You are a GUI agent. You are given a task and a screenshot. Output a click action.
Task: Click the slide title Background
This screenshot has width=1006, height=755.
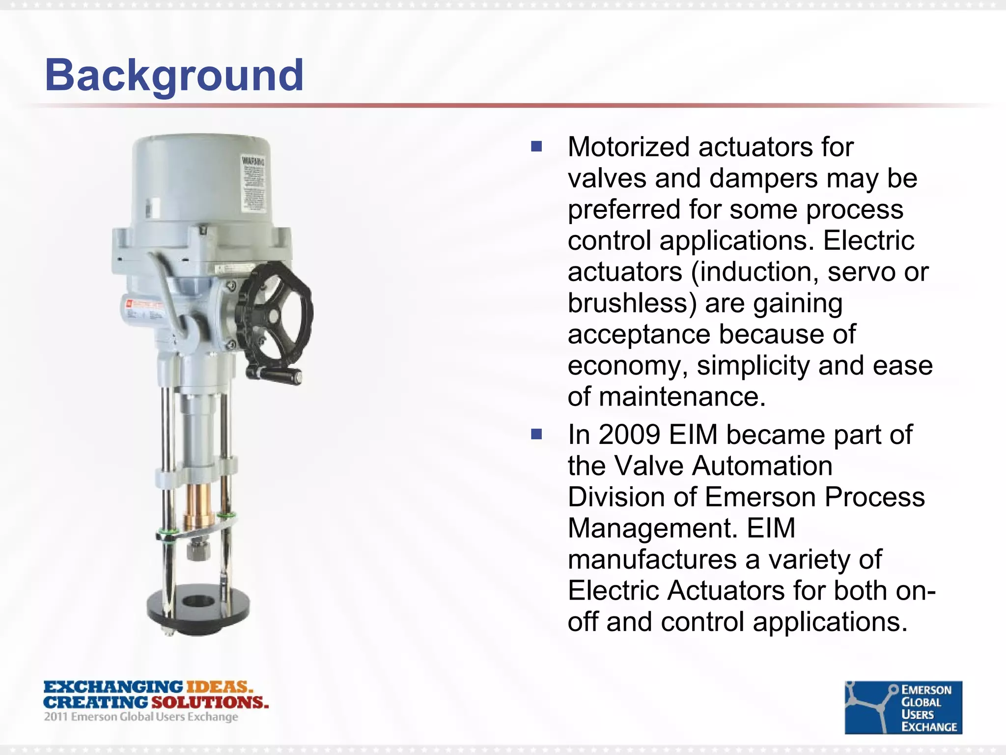click(174, 76)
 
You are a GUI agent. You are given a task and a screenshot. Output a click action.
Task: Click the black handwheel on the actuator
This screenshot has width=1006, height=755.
click(274, 315)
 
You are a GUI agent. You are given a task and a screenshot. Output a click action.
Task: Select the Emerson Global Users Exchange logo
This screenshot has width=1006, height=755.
click(903, 707)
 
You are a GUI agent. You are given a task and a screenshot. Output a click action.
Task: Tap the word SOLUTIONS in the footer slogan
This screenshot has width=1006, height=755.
click(210, 702)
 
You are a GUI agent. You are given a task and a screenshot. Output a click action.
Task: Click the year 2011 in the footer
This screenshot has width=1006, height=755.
click(56, 717)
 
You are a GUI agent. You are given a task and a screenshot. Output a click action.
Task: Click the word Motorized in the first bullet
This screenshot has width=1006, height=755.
click(629, 147)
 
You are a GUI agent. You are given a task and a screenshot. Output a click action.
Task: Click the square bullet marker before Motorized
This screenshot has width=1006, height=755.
click(536, 146)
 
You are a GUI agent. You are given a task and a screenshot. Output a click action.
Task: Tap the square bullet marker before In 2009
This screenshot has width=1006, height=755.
click(536, 434)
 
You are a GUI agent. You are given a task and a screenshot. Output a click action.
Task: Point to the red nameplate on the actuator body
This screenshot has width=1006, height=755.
click(142, 305)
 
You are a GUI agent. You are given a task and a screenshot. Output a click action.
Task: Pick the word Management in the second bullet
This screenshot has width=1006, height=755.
click(653, 528)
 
